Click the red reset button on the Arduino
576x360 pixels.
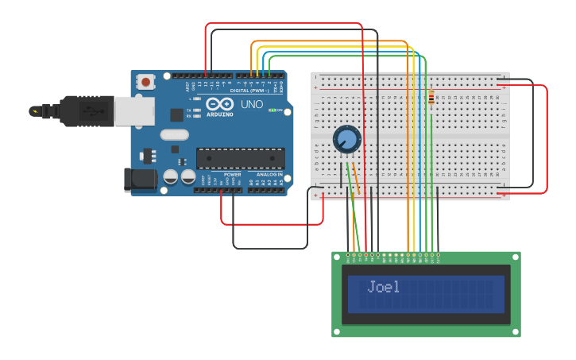(146, 81)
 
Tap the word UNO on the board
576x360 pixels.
(251, 104)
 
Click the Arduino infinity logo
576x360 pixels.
(220, 104)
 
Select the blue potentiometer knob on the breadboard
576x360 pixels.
(346, 140)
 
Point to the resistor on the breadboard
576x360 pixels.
(431, 99)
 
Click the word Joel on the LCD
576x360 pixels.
(384, 287)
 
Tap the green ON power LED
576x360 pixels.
(272, 110)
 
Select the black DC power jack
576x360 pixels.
(141, 180)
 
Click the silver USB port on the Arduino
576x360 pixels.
(133, 111)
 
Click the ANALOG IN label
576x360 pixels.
(265, 174)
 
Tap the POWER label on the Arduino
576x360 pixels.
(232, 174)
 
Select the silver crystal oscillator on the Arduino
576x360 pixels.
(174, 134)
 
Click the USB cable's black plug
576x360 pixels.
(79, 111)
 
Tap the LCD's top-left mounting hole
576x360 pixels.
(337, 257)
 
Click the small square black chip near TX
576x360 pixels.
(176, 114)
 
